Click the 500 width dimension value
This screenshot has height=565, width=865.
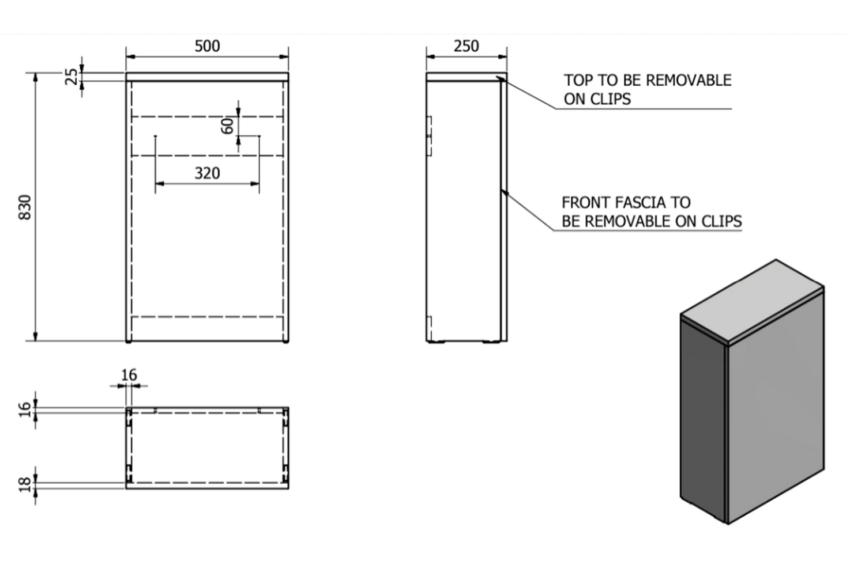coord(207,46)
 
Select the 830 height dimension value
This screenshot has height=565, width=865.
coord(25,207)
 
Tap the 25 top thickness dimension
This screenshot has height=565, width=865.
coord(71,77)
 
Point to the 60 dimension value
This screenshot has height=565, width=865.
coord(227,126)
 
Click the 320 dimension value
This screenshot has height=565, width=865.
coord(207,173)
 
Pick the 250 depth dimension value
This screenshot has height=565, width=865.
coord(466,46)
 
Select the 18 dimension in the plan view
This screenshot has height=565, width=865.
coord(25,485)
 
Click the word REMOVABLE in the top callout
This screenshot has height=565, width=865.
coord(689,81)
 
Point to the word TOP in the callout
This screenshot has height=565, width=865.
coord(578,81)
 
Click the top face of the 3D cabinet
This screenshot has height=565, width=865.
coord(752,300)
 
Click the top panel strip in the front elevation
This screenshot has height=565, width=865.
coord(207,77)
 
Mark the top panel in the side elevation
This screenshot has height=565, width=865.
coord(467,77)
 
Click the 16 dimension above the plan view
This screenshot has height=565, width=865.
coord(129,375)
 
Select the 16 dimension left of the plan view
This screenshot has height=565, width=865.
coord(25,409)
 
